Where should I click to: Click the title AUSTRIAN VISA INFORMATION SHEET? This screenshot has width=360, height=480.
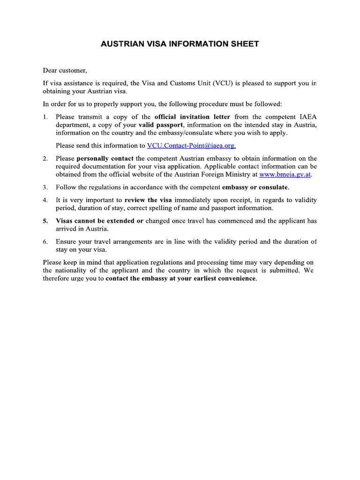point(180,44)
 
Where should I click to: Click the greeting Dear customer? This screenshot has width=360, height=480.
point(65,70)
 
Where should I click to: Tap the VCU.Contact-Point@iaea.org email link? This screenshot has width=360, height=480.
point(191,146)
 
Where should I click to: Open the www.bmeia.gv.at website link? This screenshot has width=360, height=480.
point(285,175)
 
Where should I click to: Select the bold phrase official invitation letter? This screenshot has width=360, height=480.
point(192,117)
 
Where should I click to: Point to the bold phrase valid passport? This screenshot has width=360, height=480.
point(161,125)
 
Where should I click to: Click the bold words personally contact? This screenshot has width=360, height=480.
point(105,158)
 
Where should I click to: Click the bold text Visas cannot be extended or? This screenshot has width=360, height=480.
point(99,221)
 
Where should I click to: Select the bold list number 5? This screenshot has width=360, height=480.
point(45,221)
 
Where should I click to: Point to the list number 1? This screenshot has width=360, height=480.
point(45,117)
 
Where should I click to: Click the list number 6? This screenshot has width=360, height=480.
point(45,242)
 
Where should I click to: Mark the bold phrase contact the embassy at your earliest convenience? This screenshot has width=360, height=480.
point(181,278)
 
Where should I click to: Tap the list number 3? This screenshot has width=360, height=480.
point(45,187)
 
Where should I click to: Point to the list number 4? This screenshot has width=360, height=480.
point(45,200)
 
